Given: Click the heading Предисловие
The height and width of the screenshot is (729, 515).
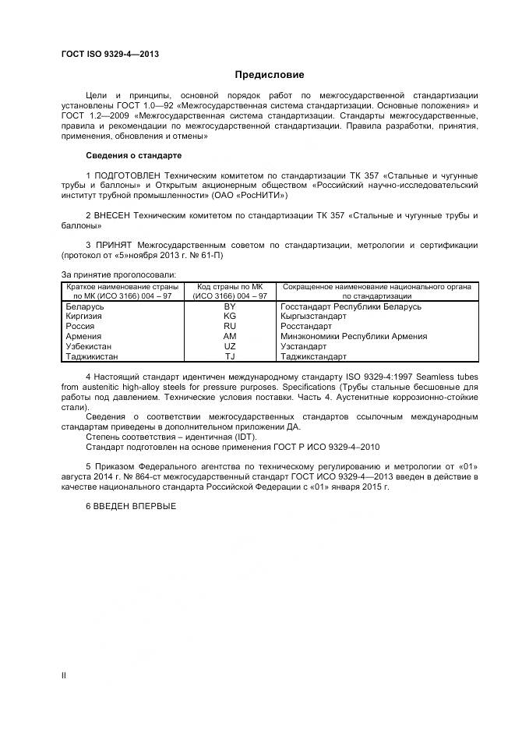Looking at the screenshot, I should tap(270, 75).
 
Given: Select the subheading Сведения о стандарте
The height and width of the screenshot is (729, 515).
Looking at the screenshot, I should tap(133, 155).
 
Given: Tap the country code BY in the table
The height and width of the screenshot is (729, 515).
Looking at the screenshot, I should tap(229, 306).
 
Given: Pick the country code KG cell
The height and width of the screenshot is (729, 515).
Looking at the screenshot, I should tap(229, 317).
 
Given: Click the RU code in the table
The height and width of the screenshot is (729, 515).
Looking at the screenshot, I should tap(229, 327).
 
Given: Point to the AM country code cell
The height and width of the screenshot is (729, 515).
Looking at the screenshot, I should tap(229, 336).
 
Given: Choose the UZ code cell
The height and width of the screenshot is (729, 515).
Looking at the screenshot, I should tap(229, 346).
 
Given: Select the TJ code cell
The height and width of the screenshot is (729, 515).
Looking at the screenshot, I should tap(229, 356).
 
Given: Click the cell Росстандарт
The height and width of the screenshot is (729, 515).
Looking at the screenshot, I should tap(306, 327).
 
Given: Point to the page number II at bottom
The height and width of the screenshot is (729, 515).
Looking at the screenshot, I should tap(64, 675).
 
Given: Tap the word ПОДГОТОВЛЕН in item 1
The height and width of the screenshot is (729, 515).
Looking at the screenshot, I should tap(131, 175).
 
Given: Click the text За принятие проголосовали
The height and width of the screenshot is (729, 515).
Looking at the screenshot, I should tap(118, 274).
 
